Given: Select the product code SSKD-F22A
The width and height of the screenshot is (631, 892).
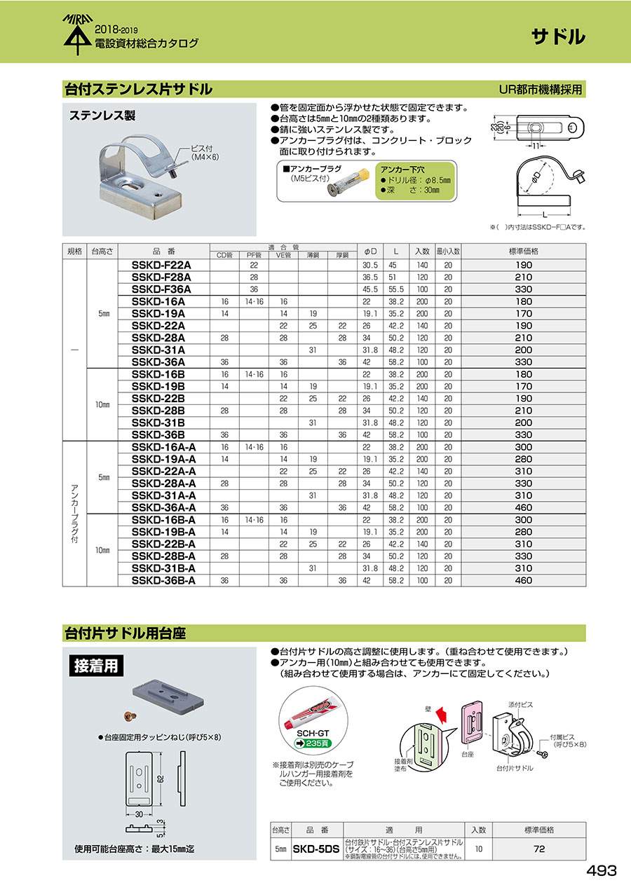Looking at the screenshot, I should [x=161, y=265].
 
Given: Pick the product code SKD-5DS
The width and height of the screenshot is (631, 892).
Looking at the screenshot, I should [x=315, y=849].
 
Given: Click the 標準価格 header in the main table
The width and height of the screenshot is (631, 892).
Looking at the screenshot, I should [x=524, y=250].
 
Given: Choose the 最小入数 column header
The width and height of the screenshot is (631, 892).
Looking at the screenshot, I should [x=447, y=250].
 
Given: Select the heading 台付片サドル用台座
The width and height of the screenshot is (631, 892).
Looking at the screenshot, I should [x=125, y=633].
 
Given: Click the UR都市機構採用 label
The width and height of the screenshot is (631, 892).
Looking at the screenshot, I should [x=540, y=90].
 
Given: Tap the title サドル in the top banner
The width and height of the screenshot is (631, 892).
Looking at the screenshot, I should [x=557, y=37].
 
